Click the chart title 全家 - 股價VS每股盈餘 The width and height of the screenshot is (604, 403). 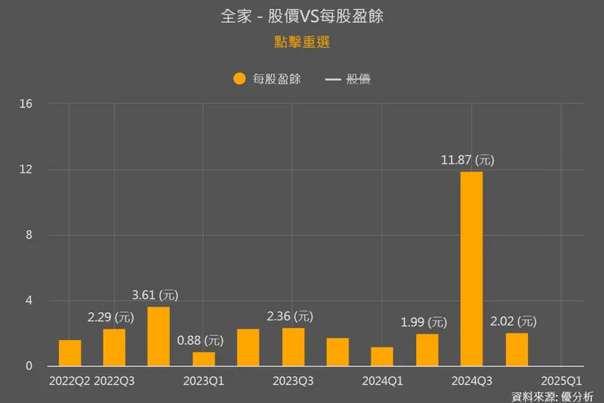point(301,16)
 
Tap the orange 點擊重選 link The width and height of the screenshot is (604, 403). point(301,42)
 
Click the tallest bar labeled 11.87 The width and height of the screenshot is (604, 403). point(472,269)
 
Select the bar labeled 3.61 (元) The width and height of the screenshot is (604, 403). point(158,336)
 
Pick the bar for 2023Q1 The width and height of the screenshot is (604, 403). point(204,359)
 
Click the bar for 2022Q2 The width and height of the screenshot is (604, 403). point(69,353)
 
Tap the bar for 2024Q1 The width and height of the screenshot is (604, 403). point(382,356)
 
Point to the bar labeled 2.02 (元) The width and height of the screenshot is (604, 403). point(517,349)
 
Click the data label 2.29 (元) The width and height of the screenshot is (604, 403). point(111,316)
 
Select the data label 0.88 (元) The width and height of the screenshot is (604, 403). point(201,339)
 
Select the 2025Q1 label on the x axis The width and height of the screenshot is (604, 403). point(562,380)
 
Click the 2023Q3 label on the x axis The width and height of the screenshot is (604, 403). point(293,380)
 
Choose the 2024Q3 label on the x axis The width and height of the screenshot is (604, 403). point(472,380)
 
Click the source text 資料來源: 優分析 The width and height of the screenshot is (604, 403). point(553,396)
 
